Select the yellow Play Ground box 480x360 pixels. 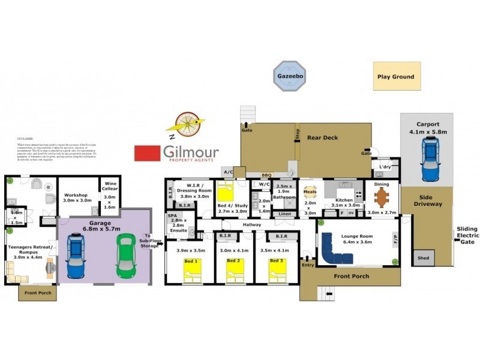click(397, 76)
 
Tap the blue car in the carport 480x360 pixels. click(430, 158)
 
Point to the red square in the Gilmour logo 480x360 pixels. click(147, 153)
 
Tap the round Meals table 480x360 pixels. click(310, 193)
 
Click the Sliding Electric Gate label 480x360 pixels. click(467, 235)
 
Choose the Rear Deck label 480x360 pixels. click(323, 137)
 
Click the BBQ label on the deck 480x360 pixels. click(266, 175)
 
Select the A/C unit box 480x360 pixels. click(228, 171)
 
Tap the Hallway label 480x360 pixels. click(251, 224)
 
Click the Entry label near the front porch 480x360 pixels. click(308, 265)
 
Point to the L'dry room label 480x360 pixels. click(385, 167)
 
